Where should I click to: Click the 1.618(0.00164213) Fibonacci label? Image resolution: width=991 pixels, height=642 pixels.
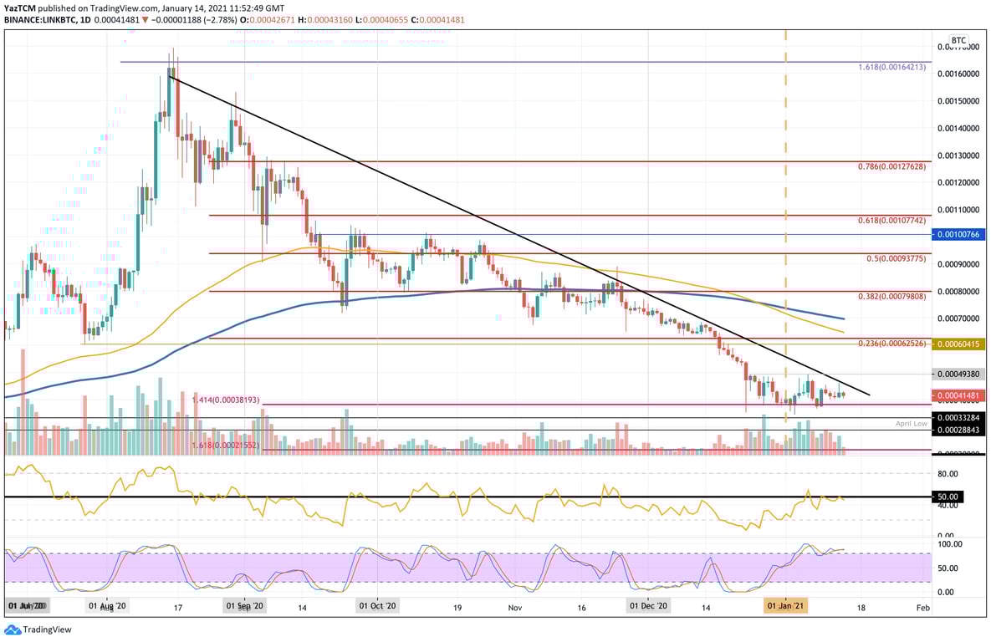(x=892, y=66)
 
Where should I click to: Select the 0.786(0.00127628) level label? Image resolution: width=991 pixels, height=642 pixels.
(x=892, y=166)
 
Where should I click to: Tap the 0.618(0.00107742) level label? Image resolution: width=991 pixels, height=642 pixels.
(x=892, y=220)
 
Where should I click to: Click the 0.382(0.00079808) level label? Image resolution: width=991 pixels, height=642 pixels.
(x=892, y=296)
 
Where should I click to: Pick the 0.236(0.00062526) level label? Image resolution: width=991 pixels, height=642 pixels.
(x=892, y=344)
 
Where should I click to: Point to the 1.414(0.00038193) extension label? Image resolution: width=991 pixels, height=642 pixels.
(x=226, y=400)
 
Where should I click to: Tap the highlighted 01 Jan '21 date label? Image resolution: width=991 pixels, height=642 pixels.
(x=787, y=605)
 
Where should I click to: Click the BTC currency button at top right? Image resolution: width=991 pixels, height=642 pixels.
(x=958, y=40)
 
